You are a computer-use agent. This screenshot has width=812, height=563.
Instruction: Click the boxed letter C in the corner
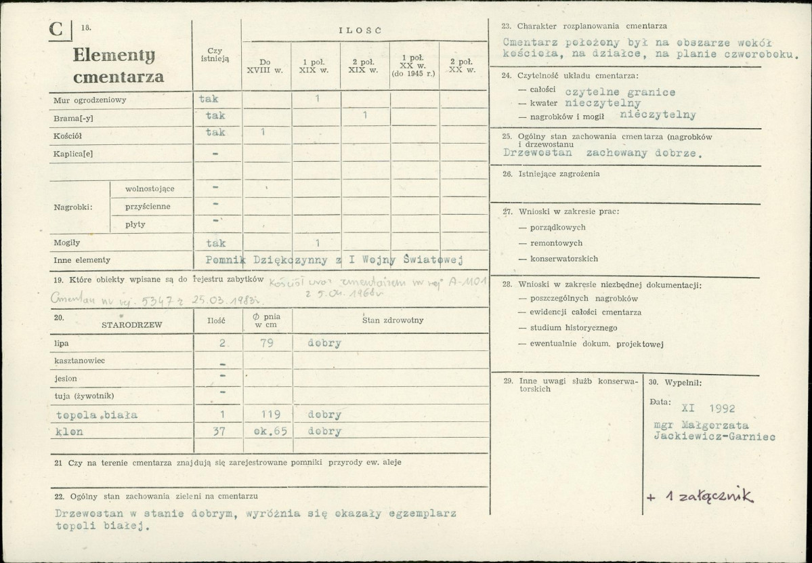click(x=57, y=30)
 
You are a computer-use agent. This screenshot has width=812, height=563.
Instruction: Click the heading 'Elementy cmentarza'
click(x=118, y=66)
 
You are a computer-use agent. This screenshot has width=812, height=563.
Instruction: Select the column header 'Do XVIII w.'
click(x=265, y=66)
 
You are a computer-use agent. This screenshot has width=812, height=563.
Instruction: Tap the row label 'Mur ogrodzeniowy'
click(x=90, y=100)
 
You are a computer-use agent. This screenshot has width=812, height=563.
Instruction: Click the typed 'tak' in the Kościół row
click(x=215, y=133)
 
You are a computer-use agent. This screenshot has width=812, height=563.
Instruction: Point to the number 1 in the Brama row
click(x=364, y=116)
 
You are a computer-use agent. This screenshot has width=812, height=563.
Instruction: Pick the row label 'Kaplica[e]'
click(x=73, y=153)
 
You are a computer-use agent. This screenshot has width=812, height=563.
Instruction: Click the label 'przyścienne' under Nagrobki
click(x=148, y=206)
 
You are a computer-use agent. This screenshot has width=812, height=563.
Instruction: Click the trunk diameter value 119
click(x=268, y=415)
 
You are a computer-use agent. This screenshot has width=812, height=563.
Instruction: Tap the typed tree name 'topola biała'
click(x=97, y=415)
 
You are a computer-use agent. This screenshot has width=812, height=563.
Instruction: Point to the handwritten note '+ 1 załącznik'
click(x=699, y=497)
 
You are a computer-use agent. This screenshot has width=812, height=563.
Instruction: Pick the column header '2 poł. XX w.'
click(x=463, y=66)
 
